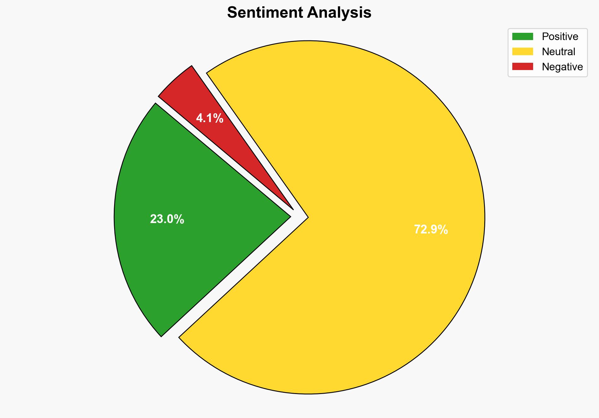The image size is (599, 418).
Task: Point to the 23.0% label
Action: tap(167, 219)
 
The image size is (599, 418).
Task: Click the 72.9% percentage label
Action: tap(431, 230)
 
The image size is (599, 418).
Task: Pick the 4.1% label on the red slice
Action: tap(210, 119)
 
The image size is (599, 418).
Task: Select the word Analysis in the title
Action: tap(339, 13)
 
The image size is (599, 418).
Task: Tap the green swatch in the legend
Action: tap(522, 37)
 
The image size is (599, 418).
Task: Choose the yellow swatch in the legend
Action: tap(522, 51)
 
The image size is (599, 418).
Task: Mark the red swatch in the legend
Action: tap(522, 67)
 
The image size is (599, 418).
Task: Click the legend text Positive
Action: tap(560, 37)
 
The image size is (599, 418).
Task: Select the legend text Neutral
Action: tap(558, 51)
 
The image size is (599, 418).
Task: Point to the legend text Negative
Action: tap(562, 67)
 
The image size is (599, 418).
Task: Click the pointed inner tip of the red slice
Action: tap(293, 209)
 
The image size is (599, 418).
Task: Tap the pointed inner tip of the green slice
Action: tap(289, 217)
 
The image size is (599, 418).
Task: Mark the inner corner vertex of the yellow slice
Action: tap(308, 217)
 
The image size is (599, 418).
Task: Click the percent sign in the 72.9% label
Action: tap(443, 230)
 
